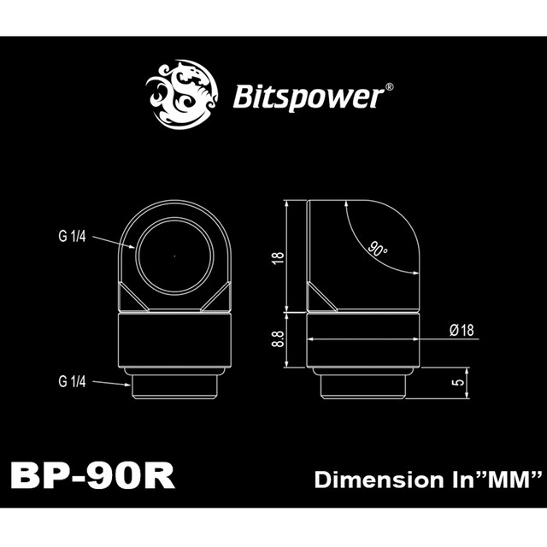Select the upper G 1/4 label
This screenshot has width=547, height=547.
point(73,237)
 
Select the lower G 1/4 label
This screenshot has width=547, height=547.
point(73,382)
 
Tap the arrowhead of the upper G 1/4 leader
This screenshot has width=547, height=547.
point(133,248)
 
